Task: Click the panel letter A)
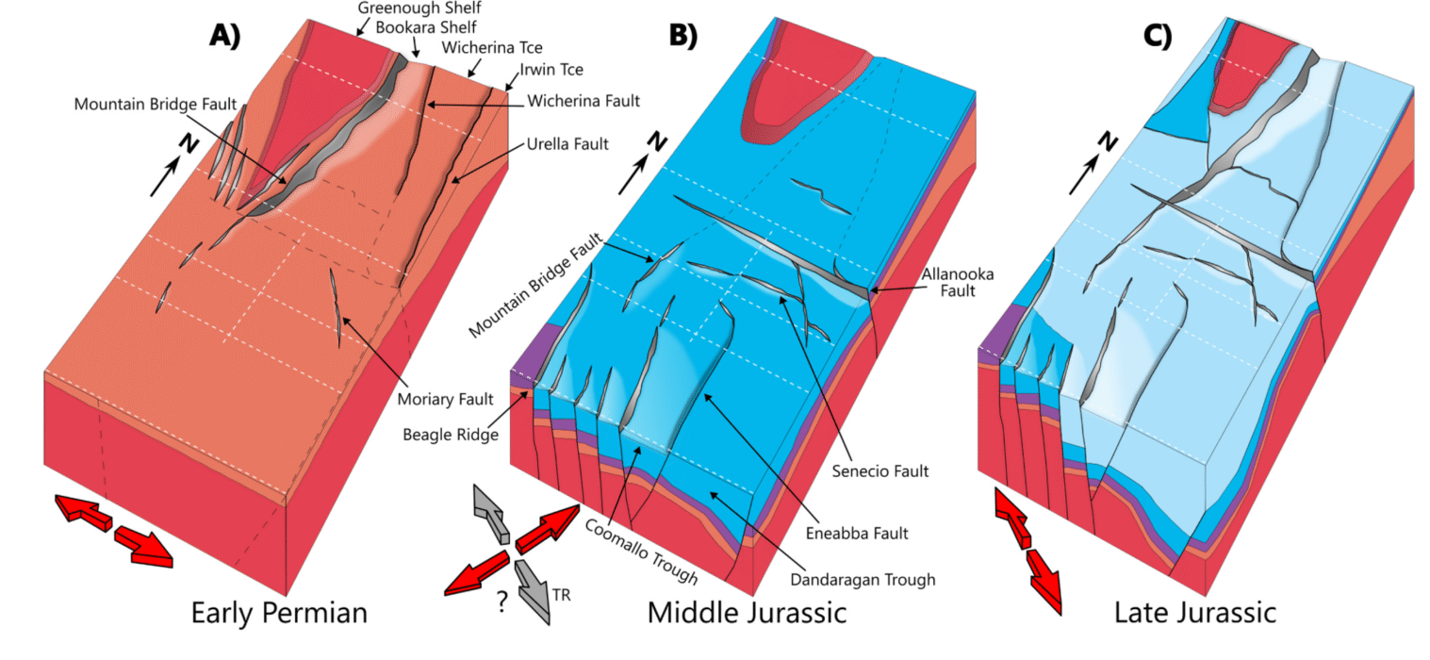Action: (225, 35)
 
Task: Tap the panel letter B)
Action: (682, 35)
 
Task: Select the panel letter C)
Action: (1157, 35)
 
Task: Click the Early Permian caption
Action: (279, 614)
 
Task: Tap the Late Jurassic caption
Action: (1195, 614)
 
